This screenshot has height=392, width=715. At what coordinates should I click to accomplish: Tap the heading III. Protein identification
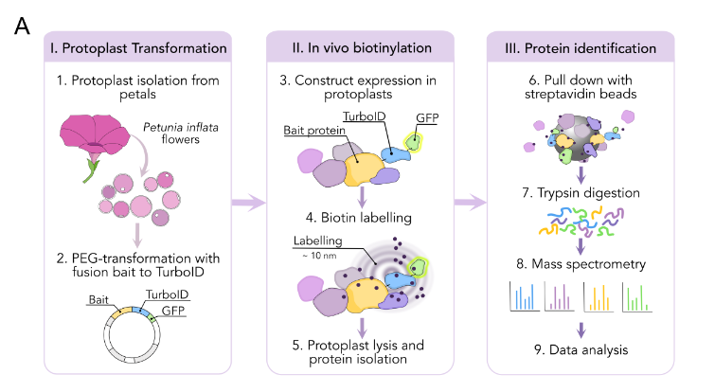point(581,46)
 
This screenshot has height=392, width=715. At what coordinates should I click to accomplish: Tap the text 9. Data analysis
point(581,351)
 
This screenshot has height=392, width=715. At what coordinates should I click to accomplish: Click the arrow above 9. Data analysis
point(581,328)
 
